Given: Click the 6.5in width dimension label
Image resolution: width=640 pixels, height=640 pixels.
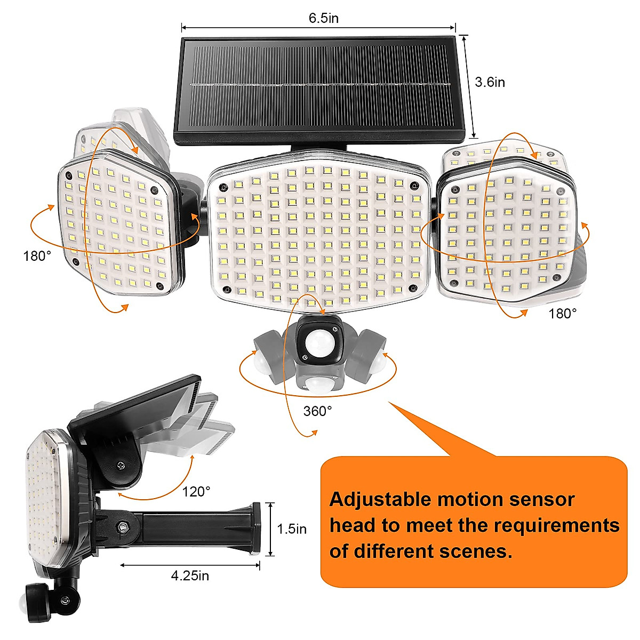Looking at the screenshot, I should [323, 18].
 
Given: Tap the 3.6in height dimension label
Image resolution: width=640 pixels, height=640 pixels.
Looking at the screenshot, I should [490, 82].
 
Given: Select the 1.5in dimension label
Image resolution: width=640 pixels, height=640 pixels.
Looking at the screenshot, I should [292, 529].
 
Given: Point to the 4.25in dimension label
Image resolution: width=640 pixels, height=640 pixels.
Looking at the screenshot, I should [190, 575].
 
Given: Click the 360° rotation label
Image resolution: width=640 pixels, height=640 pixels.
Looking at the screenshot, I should [317, 411].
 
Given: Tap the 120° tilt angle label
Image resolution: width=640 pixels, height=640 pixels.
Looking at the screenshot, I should [196, 491].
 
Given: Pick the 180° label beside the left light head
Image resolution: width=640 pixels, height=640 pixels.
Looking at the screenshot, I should [37, 255].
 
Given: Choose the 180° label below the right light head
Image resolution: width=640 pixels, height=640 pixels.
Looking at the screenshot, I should [563, 313].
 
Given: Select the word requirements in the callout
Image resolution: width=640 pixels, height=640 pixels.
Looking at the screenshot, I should [556, 525].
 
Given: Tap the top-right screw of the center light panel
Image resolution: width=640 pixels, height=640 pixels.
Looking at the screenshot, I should [413, 185].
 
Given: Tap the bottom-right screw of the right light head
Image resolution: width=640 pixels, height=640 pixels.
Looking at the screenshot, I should [557, 278].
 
